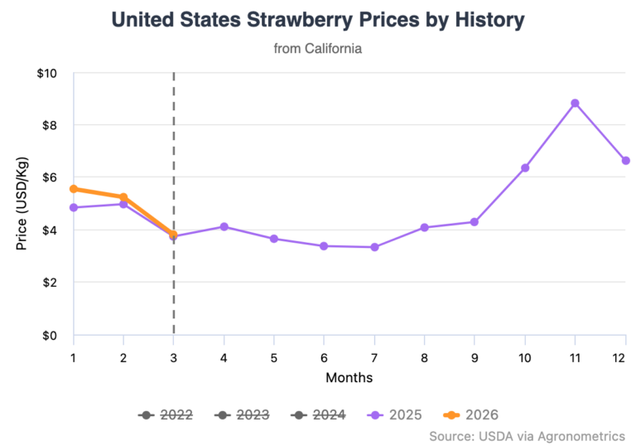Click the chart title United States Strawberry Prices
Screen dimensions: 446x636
pos(318,20)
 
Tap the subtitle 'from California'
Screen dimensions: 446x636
pos(318,49)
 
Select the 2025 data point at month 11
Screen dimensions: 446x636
pos(575,104)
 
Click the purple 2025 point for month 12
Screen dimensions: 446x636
pos(625,161)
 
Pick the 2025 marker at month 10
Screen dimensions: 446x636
pos(524,168)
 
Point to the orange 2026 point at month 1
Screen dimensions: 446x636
pos(74,189)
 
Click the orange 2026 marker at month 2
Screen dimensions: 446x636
pos(123,197)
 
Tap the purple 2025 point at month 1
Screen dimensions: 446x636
pos(74,207)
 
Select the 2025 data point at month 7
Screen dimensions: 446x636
pos(374,247)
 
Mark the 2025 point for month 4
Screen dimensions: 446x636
pos(224,227)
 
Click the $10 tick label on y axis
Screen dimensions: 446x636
pos(46,74)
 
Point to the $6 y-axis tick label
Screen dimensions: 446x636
pos(50,178)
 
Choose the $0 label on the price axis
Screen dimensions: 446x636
pos(50,336)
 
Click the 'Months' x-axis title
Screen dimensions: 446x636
pos(349,378)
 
